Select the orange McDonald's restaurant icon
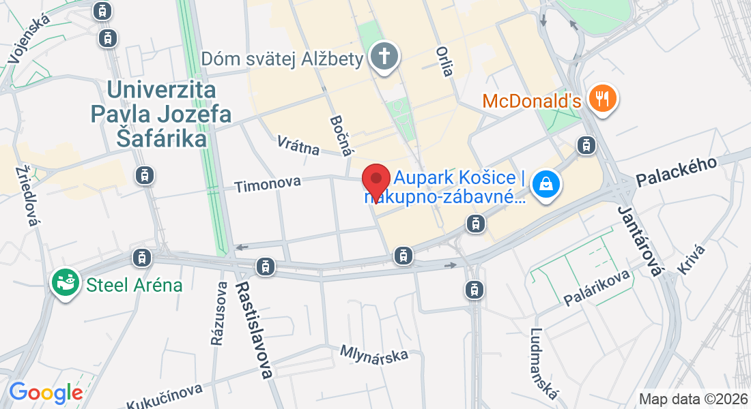click(x=602, y=99)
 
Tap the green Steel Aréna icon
click(x=65, y=283)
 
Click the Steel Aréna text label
click(x=134, y=284)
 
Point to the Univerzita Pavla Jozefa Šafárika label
click(x=161, y=114)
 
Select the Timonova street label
click(x=268, y=184)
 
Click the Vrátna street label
click(x=298, y=145)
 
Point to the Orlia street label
click(x=444, y=61)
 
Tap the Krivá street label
click(x=691, y=259)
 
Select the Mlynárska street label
click(x=374, y=354)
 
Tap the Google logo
click(x=46, y=393)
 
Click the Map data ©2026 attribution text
click(x=692, y=399)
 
